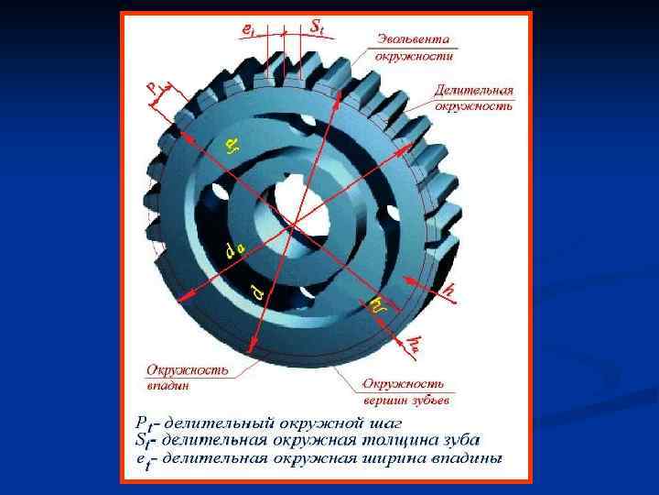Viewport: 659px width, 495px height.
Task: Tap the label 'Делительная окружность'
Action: (x=472, y=98)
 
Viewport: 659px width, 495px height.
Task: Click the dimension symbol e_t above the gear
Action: (x=247, y=29)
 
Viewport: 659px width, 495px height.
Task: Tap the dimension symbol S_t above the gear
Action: (x=316, y=27)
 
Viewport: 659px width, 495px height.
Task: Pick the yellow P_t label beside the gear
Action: (x=156, y=91)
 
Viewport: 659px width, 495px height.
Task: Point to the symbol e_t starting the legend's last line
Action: (x=142, y=459)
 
